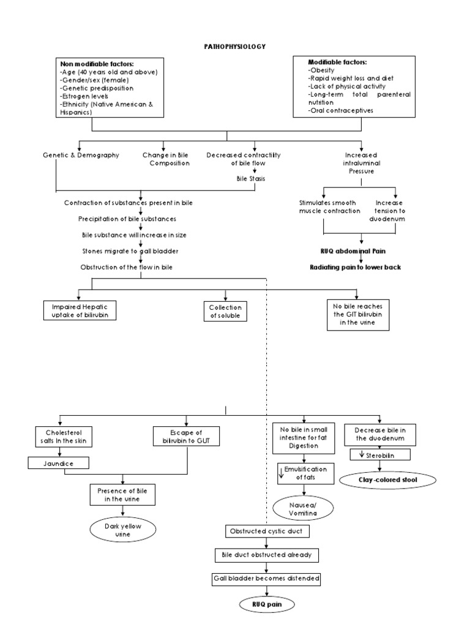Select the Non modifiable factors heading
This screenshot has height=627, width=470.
pos(97,64)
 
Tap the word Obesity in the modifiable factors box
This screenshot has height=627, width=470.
pos(322,70)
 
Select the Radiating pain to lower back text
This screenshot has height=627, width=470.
pos(356,267)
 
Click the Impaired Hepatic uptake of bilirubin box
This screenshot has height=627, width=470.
pos(80,310)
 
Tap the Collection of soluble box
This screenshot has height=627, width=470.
pos(226,312)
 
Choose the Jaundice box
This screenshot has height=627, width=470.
pos(58,464)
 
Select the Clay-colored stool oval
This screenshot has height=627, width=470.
pos(388,480)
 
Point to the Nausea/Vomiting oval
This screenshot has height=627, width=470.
pos(296,508)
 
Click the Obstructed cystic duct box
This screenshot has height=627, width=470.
pos(264,530)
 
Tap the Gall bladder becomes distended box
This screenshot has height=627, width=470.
pos(267,578)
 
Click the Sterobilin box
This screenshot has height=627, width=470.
pos(379,454)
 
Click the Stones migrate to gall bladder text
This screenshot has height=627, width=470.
pos(123,251)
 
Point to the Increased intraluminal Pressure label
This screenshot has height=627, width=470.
pos(360,163)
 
